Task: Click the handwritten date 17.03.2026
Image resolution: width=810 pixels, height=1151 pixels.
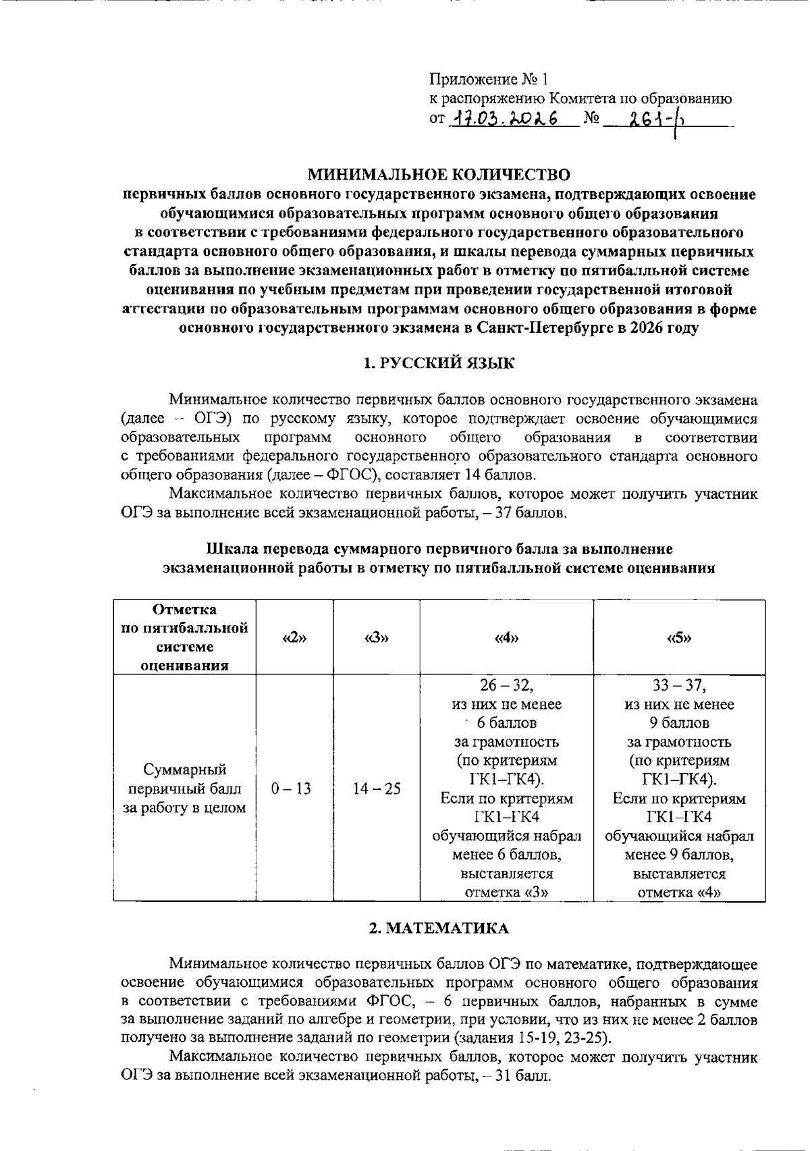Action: coord(505,119)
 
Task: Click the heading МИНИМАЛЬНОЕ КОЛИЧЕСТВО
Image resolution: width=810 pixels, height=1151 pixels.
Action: coord(439,176)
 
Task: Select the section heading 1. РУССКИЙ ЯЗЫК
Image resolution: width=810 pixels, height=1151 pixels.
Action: coord(439,363)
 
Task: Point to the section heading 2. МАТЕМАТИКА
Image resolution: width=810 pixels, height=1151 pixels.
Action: coord(439,928)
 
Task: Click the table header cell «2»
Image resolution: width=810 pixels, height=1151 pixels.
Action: coord(295,638)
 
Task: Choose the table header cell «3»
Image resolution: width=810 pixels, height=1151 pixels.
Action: coord(377,638)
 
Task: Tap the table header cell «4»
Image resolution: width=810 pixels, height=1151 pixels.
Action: coord(506,638)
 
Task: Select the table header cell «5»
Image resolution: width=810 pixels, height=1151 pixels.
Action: coord(679,638)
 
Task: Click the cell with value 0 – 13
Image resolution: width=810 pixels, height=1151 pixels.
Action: coord(291,788)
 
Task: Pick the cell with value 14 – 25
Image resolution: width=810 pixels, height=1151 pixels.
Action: coord(377,788)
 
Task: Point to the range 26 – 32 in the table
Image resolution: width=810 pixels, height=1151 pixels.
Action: coord(506,686)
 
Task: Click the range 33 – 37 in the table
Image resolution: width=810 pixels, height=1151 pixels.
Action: coord(679,686)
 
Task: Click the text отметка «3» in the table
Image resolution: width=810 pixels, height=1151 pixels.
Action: coord(506,892)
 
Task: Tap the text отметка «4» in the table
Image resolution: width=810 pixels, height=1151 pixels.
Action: coord(679,892)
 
